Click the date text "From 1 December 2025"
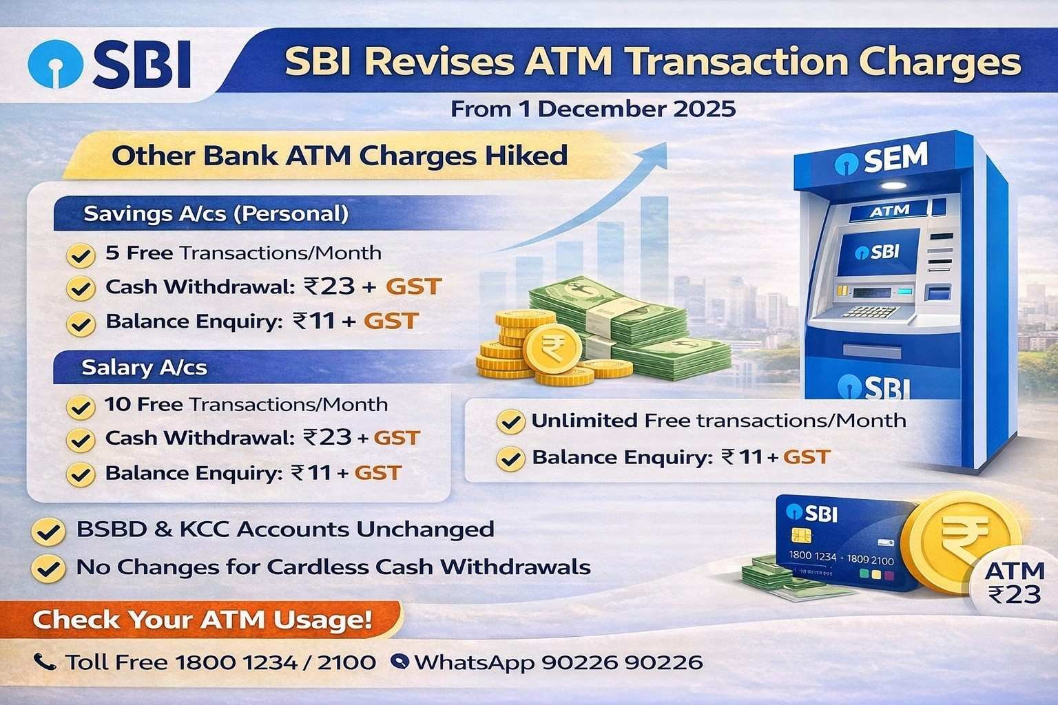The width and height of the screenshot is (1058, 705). pos(592,109)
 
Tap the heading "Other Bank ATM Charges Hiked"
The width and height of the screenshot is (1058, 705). pos(339,155)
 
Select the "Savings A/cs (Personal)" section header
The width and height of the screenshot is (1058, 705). pos(216,213)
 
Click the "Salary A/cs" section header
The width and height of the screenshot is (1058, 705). pos(144,368)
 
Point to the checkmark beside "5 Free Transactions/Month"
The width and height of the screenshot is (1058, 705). pos(80,255)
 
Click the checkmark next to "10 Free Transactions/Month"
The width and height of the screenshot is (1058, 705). pos(80,406)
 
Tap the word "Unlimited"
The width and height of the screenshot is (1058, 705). pos(583,420)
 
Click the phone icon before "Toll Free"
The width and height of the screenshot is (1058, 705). pos(45,662)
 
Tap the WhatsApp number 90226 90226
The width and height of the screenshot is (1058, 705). pos(622,662)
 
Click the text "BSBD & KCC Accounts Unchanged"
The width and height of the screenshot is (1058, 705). pos(285,529)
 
